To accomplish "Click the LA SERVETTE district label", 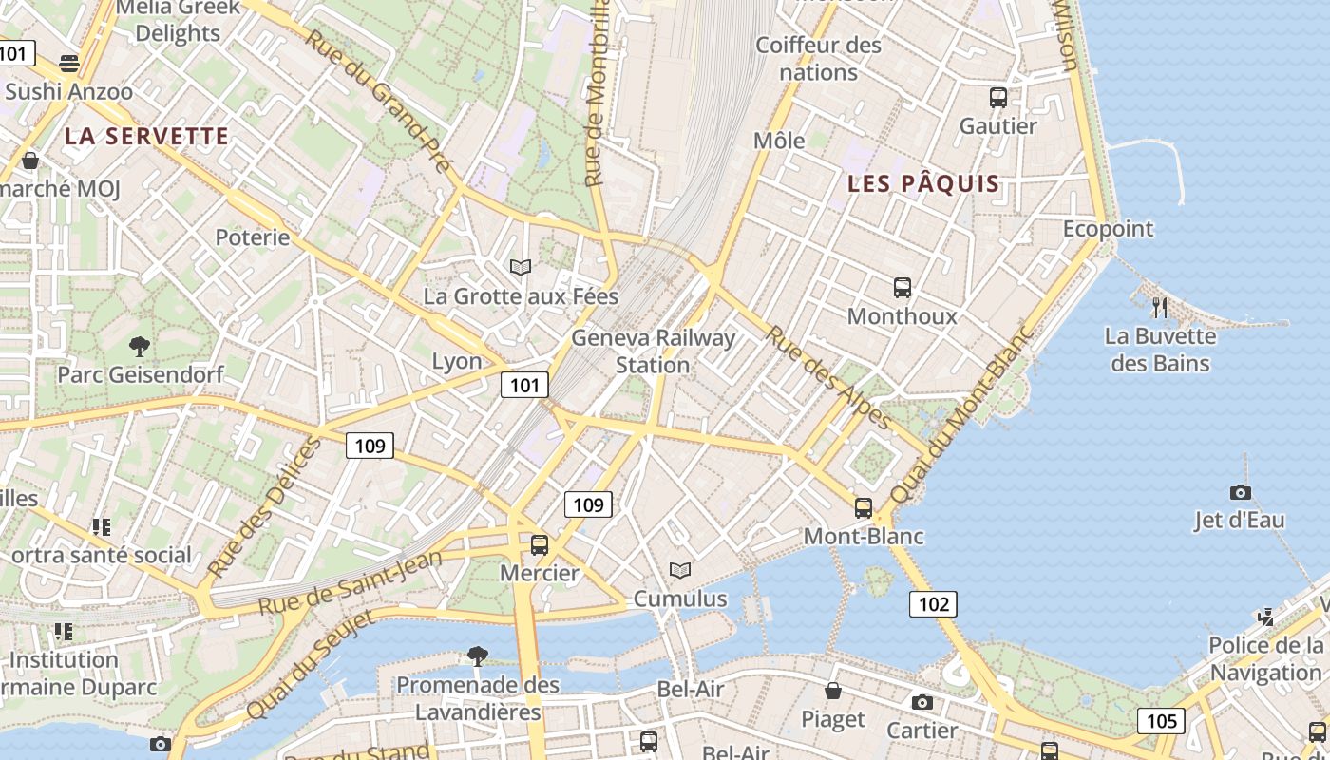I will click(x=147, y=137).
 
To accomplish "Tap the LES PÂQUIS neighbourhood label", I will click(x=923, y=184).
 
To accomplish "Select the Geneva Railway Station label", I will click(x=653, y=351).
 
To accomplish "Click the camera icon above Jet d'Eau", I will click(x=1240, y=492).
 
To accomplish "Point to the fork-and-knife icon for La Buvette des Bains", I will click(x=1159, y=307).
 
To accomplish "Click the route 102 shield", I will click(x=933, y=603).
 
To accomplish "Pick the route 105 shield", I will click(x=1162, y=721).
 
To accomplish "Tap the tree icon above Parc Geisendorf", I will click(x=140, y=346).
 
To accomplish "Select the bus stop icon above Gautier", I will click(x=997, y=97).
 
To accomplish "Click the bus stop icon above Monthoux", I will click(x=902, y=287).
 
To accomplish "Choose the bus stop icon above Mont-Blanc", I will click(x=863, y=508).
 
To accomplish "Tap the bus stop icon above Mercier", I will click(x=539, y=545).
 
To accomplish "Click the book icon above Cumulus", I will click(x=679, y=570).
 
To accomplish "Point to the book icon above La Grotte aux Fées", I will click(x=520, y=267).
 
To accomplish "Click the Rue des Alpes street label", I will click(x=828, y=378).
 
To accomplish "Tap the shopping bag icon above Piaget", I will click(x=833, y=691).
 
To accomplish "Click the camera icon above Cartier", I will click(x=921, y=702).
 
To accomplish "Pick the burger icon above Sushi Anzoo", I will click(x=68, y=64).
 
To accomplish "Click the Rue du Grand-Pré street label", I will click(x=379, y=100).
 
